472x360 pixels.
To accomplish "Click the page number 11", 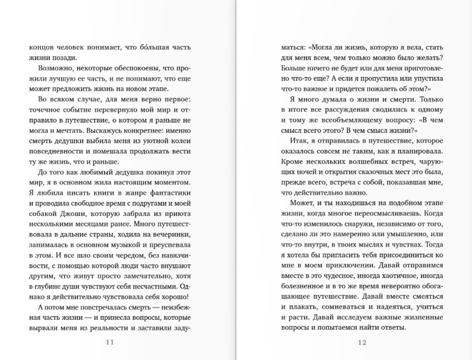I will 110,342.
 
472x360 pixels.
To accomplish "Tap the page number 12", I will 362,342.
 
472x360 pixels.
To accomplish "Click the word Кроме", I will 292,162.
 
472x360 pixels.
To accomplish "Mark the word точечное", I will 45,110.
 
